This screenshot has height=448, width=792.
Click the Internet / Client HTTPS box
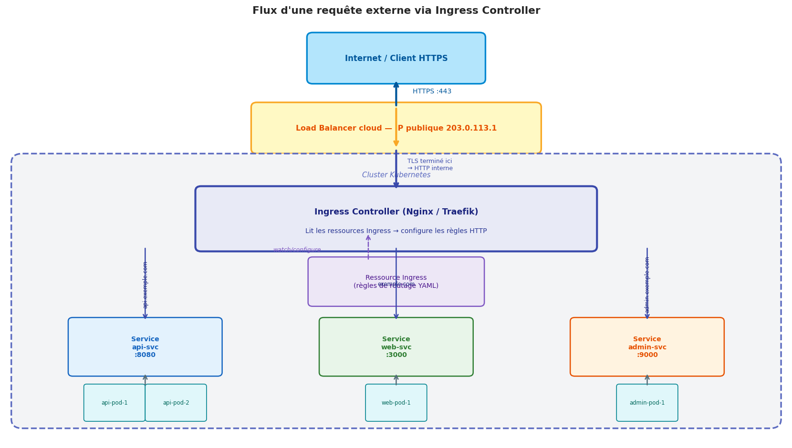coord(396,58)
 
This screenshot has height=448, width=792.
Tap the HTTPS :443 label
coord(432,92)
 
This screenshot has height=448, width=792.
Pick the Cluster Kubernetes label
coord(396,175)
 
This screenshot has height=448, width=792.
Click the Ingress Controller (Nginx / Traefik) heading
coord(396,212)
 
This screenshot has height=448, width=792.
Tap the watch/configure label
coord(297,250)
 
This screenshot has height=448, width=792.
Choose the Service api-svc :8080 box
coord(145,347)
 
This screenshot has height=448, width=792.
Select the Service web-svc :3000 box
coord(396,347)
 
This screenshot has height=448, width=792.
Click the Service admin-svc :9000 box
coord(647,347)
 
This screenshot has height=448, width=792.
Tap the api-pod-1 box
coord(115,403)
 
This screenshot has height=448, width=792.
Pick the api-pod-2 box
coord(176,403)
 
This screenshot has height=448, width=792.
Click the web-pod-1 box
coord(396,403)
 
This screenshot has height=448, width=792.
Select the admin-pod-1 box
coord(647,403)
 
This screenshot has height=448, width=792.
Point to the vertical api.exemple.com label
coord(145,285)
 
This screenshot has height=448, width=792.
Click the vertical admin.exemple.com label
coord(647,285)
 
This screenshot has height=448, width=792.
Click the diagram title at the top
coord(396,10)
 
